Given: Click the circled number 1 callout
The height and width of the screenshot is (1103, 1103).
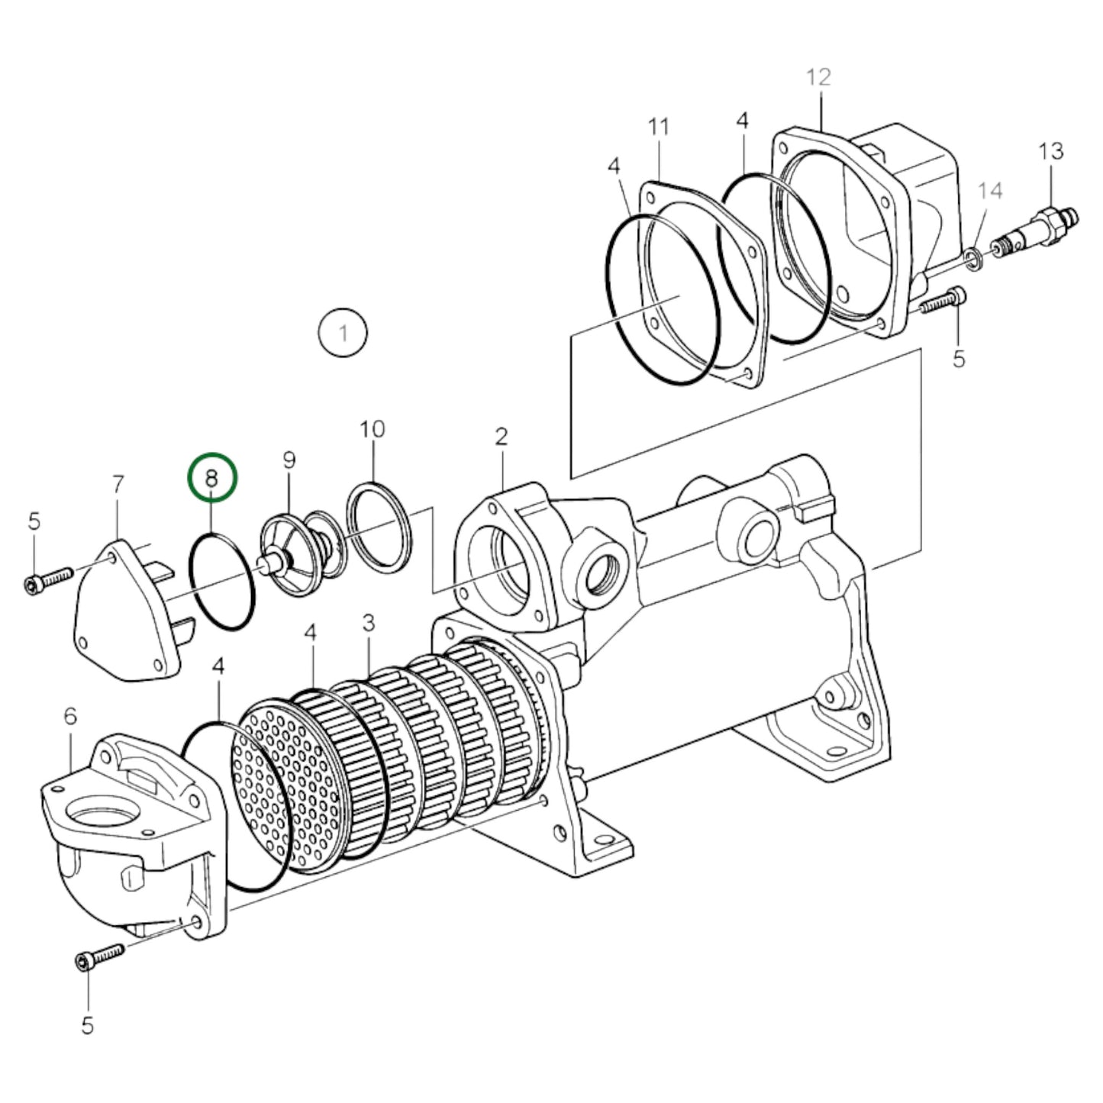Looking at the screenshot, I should pos(343,333).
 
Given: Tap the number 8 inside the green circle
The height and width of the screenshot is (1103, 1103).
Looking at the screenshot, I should pos(212,479).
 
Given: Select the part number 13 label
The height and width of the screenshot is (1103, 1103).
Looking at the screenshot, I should pos(1050,151).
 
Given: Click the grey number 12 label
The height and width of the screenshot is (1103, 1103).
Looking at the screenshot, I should pos(818,77).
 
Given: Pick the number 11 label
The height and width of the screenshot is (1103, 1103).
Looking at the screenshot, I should pos(658,127).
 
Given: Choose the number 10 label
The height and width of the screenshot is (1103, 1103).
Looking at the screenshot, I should pos(373,429).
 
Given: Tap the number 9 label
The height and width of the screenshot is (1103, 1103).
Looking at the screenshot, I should pos(289,460).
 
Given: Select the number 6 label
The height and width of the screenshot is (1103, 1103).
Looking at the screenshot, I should pos(70,716).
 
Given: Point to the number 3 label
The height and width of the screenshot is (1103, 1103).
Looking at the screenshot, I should pos(369,623).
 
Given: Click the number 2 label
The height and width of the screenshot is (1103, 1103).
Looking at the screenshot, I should pos(501,437).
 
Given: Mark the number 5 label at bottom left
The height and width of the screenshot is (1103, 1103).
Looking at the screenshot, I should pos(87,1025).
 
